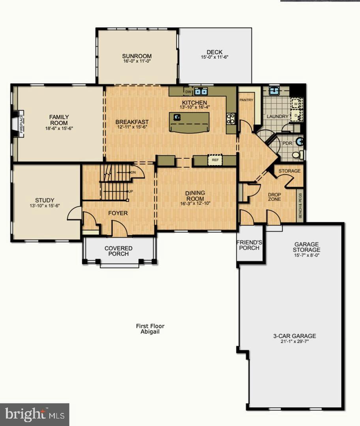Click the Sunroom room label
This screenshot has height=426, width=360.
point(137,56)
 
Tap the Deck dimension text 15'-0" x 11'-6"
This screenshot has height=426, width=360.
point(214,57)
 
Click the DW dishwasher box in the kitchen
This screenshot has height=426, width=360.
point(188,92)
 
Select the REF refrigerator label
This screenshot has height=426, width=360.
point(215,160)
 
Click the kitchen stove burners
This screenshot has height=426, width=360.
point(231,119)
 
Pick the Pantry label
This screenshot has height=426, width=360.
point(246,100)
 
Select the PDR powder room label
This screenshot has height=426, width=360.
point(287,143)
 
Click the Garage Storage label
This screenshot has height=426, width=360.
point(306,247)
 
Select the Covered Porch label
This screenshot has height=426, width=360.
point(118,251)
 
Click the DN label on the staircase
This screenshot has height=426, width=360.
point(133,172)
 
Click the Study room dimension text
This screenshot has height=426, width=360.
point(45,206)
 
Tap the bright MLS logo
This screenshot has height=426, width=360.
point(34,414)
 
